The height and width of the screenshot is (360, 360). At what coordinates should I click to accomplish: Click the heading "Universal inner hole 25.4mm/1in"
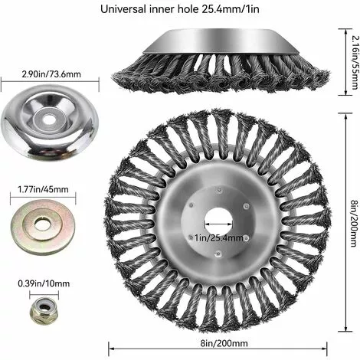[x=180, y=9]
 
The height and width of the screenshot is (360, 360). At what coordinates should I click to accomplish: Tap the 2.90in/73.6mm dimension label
[x=51, y=74]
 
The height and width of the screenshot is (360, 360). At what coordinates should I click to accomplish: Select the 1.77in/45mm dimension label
[x=43, y=189]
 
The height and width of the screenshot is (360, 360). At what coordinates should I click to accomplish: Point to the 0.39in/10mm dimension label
[x=44, y=283]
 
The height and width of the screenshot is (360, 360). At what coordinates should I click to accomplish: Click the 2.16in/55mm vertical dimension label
[x=355, y=62]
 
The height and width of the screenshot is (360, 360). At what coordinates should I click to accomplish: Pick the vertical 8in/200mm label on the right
[x=354, y=224]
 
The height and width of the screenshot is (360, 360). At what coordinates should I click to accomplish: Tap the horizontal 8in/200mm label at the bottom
[x=224, y=343]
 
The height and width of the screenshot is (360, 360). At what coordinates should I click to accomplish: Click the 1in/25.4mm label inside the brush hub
[x=218, y=238]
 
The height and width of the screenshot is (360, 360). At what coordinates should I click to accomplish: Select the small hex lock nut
[x=44, y=310]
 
